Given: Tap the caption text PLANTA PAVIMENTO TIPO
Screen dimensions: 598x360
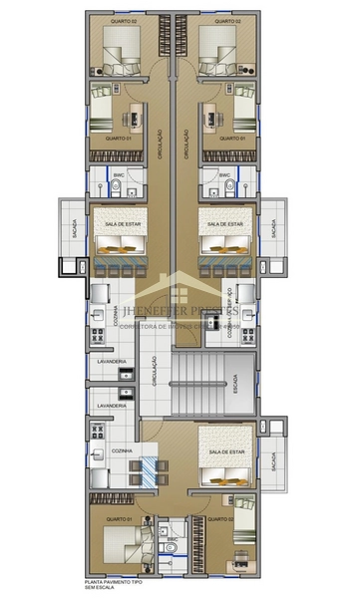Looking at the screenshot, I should tap(114, 580).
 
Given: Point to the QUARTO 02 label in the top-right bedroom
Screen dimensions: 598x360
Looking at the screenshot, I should tap(226, 20).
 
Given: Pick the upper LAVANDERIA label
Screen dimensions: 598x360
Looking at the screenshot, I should tap(110, 364).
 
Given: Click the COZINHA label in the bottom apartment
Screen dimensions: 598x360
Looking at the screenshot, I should tap(122, 450).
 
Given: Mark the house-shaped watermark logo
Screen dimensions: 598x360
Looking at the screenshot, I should tap(180, 289).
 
